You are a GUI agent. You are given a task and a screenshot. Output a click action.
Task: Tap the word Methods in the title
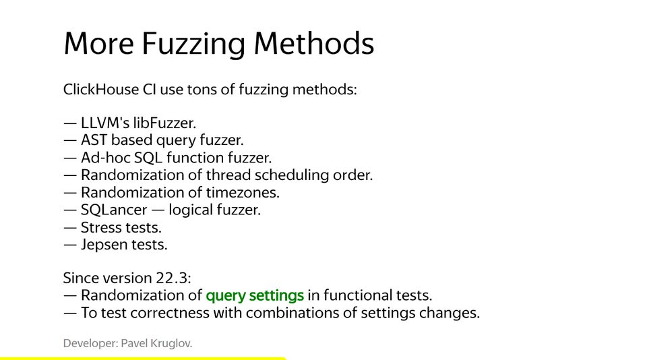pos(314,43)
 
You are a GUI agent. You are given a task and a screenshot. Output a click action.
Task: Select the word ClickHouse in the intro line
pos(101,89)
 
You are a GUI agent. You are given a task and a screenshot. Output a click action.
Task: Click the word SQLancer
pos(114,210)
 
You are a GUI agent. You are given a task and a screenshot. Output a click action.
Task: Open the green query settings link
pos(255,295)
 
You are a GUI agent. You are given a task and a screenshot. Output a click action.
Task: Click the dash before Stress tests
pos(70,228)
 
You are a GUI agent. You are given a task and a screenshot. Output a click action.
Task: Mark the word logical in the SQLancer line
pos(190,210)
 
